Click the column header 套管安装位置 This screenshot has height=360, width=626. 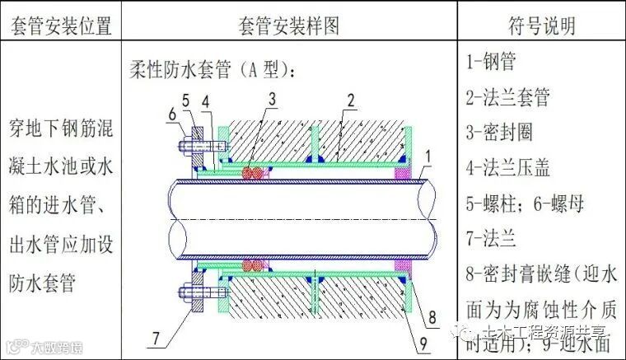pyautogui.click(x=60, y=26)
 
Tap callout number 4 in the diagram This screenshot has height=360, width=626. pyautogui.click(x=206, y=99)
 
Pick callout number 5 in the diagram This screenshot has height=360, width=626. pyautogui.click(x=186, y=99)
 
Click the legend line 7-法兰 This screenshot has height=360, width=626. pyautogui.click(x=492, y=239)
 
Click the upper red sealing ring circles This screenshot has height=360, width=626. pyautogui.click(x=255, y=172)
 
